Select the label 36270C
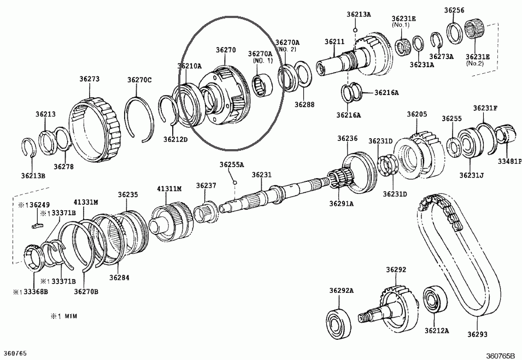tap(139, 80)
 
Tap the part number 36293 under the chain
tap(477, 334)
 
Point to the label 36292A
tap(342, 290)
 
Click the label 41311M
tap(169, 188)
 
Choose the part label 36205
tap(417, 114)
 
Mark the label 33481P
tap(509, 161)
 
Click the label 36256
tap(454, 10)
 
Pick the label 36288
tap(304, 104)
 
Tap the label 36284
tap(119, 278)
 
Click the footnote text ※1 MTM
tap(64, 316)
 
